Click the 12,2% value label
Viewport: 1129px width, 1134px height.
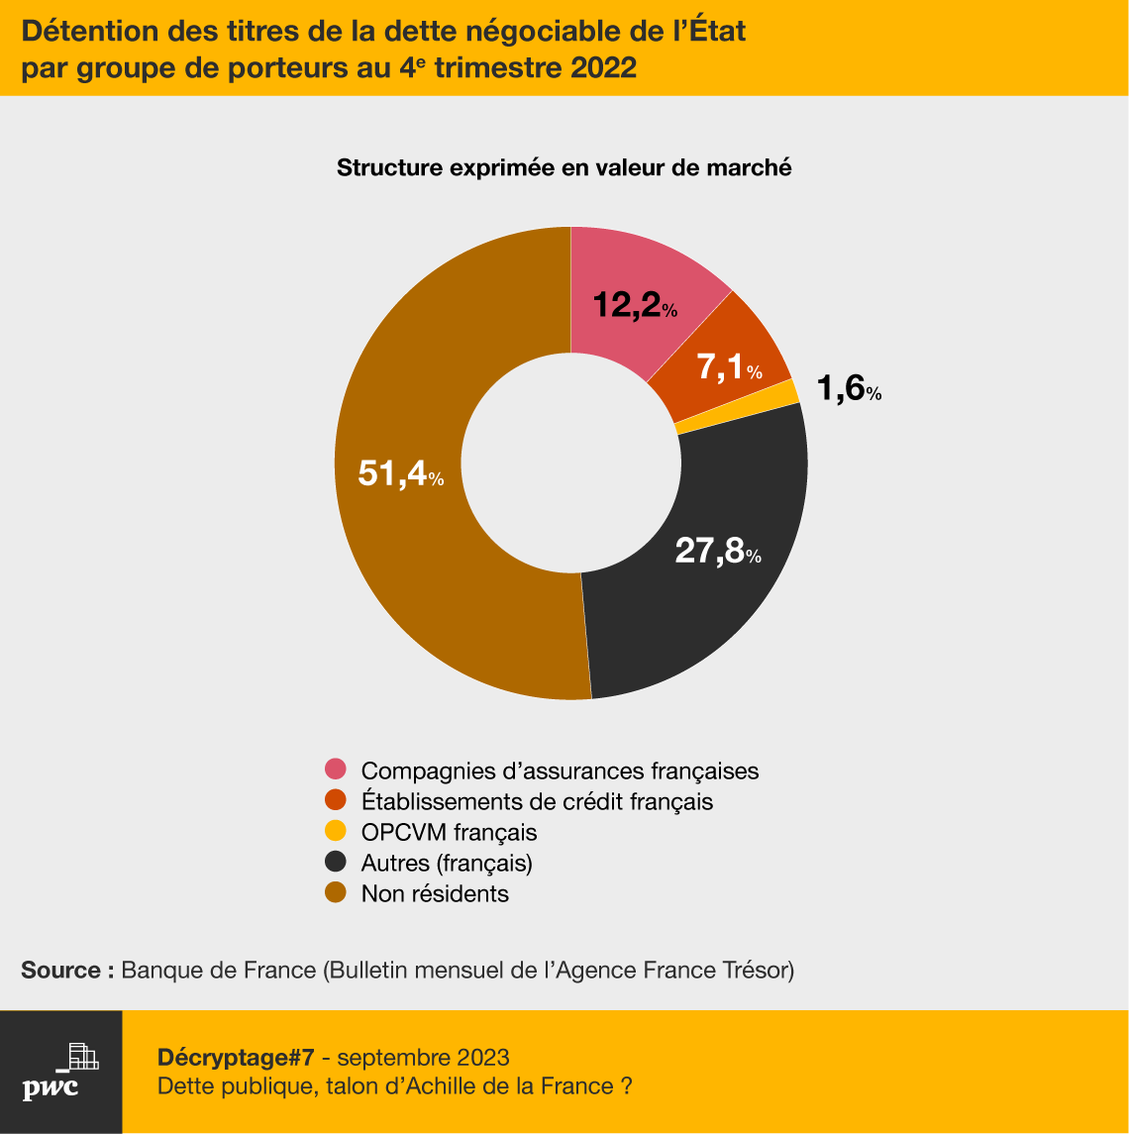(635, 306)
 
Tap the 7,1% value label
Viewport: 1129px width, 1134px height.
(729, 367)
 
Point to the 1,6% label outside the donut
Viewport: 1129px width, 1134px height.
(849, 389)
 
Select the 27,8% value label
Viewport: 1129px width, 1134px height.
(717, 550)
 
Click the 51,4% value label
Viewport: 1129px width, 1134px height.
(400, 473)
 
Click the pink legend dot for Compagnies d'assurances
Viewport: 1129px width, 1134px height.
(336, 770)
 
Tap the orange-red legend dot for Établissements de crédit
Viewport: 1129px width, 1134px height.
(336, 800)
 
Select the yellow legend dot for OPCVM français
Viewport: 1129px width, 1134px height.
(336, 831)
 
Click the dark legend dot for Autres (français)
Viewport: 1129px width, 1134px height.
(336, 863)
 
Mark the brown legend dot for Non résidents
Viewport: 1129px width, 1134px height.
(336, 893)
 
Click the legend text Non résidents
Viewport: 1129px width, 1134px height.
(435, 893)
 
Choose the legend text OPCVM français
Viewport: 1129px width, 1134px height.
(449, 831)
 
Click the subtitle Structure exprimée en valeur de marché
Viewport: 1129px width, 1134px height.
(564, 167)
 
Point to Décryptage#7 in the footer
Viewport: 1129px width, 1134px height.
(236, 1056)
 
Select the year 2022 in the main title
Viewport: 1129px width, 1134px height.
(603, 70)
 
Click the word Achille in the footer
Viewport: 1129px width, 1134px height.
(480, 1086)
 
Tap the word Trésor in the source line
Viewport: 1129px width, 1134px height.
(758, 970)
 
